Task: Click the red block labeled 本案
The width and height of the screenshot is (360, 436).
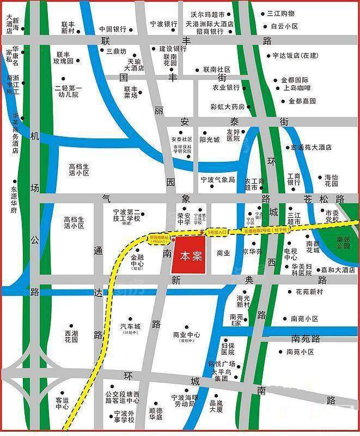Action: pyautogui.click(x=188, y=255)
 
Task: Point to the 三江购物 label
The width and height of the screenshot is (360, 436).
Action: pyautogui.click(x=280, y=13)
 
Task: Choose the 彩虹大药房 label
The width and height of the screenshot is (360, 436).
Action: pyautogui.click(x=228, y=106)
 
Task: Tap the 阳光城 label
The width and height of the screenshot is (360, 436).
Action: pyautogui.click(x=209, y=140)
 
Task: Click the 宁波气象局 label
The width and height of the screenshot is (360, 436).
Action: pyautogui.click(x=217, y=179)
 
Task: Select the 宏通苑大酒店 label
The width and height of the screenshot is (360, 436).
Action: pyautogui.click(x=311, y=147)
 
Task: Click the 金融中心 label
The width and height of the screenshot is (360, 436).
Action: pyautogui.click(x=137, y=262)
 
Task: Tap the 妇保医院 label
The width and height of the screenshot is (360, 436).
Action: pyautogui.click(x=228, y=349)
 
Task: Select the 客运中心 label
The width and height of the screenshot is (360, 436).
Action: pyautogui.click(x=62, y=403)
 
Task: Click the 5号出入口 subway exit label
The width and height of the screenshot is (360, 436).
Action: pyautogui.click(x=218, y=232)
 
